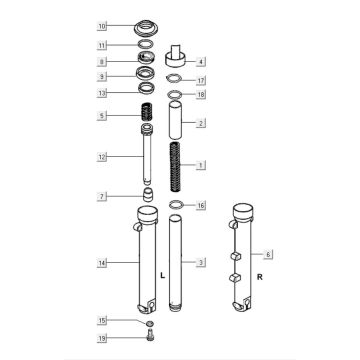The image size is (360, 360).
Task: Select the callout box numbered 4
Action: tap(200, 61)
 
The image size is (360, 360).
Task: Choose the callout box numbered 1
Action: tap(200, 164)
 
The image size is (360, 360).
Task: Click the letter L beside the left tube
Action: tap(162, 272)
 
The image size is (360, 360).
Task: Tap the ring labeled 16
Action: tap(176, 206)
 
